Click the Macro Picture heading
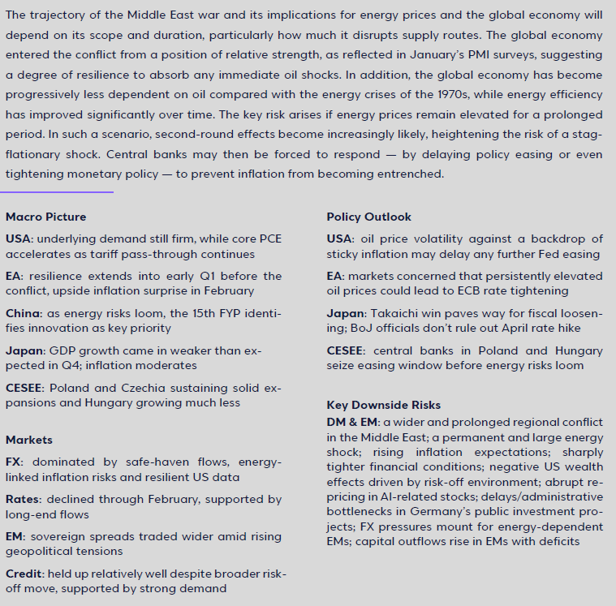pyautogui.click(x=45, y=217)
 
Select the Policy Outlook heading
pyautogui.click(x=368, y=217)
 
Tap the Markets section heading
pyautogui.click(x=28, y=440)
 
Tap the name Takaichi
pyautogui.click(x=396, y=312)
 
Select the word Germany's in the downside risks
pyautogui.click(x=472, y=511)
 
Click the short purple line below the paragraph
pyautogui.click(x=57, y=192)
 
